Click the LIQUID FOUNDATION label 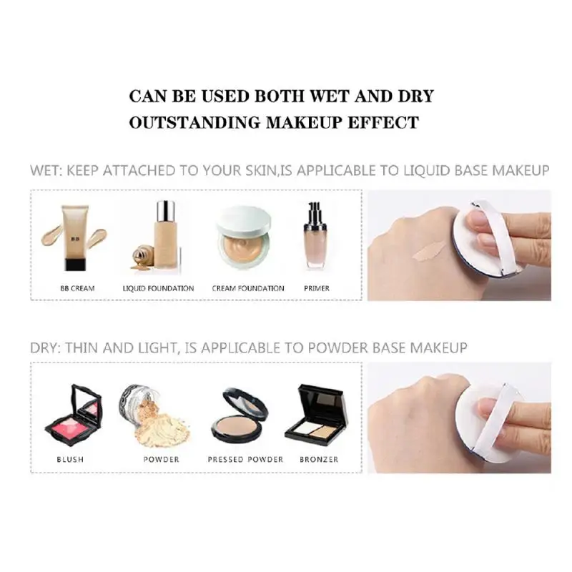click(159, 288)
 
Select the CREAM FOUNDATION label click(248, 288)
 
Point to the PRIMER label click(317, 288)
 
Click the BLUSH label click(69, 459)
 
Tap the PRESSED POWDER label click(245, 459)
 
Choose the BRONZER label click(319, 459)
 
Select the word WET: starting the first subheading click(48, 171)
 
